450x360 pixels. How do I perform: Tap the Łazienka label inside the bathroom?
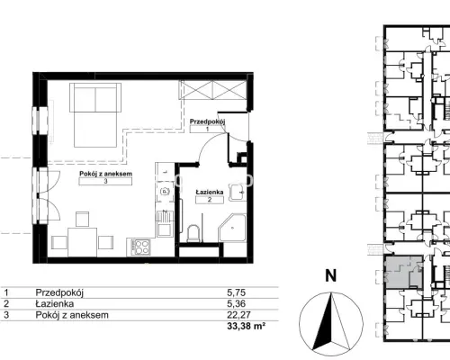coord(210,192)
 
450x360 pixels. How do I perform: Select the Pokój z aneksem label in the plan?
coord(105,174)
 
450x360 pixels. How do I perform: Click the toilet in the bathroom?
coord(193,234)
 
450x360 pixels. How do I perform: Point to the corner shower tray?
coord(232,228)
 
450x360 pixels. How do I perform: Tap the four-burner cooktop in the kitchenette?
coord(141,247)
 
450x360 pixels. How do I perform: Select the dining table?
coord(82,242)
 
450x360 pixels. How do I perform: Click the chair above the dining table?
coord(82,219)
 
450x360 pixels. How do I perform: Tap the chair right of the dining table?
coord(105,242)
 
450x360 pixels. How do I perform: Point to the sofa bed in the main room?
coord(95,115)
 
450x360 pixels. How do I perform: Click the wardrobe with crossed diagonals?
coord(212,90)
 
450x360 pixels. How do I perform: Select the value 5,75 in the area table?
coord(236,292)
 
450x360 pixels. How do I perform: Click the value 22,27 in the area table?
coord(238,315)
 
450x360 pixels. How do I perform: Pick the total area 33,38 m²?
coord(247,326)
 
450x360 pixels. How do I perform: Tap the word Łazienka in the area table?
coord(55,303)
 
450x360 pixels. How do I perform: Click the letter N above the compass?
coord(331,275)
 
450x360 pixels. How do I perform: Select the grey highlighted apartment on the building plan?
coord(403,273)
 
